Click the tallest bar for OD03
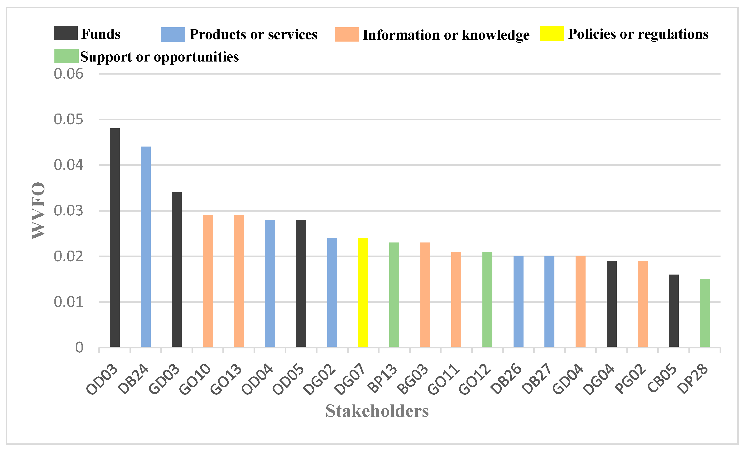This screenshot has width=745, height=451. (x=115, y=237)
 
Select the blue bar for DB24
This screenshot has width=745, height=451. (x=146, y=247)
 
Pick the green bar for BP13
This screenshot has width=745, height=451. (x=394, y=294)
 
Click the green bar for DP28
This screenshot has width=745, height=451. (x=705, y=313)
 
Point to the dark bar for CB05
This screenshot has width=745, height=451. (x=674, y=311)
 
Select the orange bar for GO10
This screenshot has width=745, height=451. (x=208, y=281)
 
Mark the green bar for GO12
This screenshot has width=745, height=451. (x=487, y=299)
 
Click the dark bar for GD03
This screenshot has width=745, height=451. (x=177, y=270)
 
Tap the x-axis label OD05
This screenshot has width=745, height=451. (x=289, y=380)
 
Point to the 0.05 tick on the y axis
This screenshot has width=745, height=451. (x=68, y=120)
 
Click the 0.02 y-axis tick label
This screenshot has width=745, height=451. (x=68, y=256)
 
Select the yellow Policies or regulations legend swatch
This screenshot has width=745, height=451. (x=552, y=33)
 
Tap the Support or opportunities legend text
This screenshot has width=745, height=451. (x=159, y=57)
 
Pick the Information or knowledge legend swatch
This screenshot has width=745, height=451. (x=346, y=34)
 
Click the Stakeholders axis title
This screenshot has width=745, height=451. (x=377, y=411)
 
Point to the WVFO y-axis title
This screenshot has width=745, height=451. (x=38, y=211)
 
